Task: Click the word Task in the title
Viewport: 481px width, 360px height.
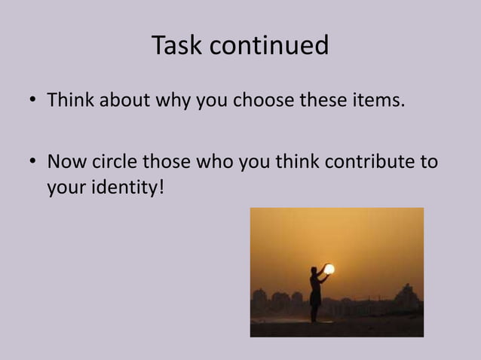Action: [x=178, y=46]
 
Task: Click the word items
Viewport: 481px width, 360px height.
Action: [x=380, y=99]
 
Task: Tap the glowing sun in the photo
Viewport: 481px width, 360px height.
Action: [x=329, y=269]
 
